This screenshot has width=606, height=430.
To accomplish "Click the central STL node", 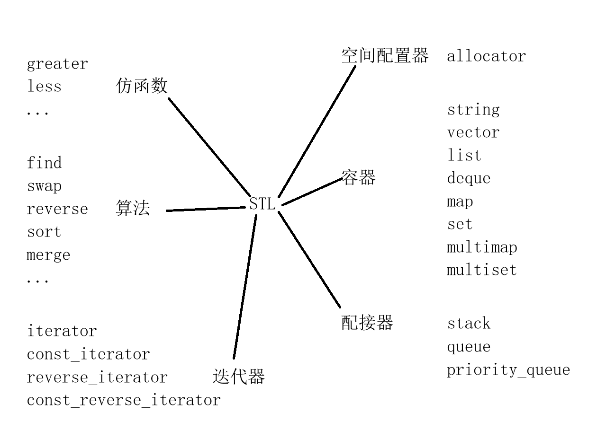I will pyautogui.click(x=262, y=204).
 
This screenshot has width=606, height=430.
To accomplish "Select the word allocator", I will pyautogui.click(x=486, y=56).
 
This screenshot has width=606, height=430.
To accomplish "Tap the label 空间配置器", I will pyautogui.click(x=384, y=56).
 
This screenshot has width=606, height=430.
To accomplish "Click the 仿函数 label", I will pyautogui.click(x=142, y=86).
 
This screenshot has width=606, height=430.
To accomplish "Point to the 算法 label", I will pyautogui.click(x=133, y=208).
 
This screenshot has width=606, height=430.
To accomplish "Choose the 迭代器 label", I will pyautogui.click(x=238, y=377).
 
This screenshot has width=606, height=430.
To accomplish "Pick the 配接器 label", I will pyautogui.click(x=367, y=323).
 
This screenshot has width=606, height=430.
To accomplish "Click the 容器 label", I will pyautogui.click(x=358, y=178).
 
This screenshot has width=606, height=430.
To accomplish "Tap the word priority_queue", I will pyautogui.click(x=508, y=370).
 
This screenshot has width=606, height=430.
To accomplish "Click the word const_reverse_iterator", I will pyautogui.click(x=124, y=400).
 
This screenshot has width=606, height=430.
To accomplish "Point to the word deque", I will pyautogui.click(x=469, y=179).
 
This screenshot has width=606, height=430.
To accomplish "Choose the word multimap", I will pyautogui.click(x=482, y=247).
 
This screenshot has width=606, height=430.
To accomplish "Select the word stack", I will pyautogui.click(x=469, y=324).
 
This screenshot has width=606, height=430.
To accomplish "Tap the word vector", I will pyautogui.click(x=473, y=132).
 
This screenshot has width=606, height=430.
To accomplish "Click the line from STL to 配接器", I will pyautogui.click(x=309, y=260).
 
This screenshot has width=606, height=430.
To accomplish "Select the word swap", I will pyautogui.click(x=44, y=186).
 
